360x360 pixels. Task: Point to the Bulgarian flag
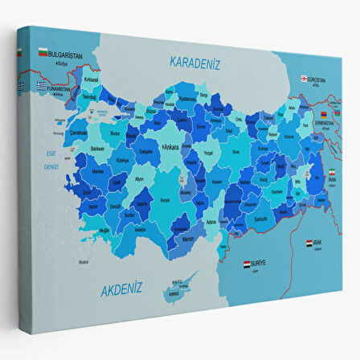click(x=42, y=53)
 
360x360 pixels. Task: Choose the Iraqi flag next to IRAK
click(x=310, y=242)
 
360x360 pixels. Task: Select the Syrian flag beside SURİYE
click(x=247, y=263)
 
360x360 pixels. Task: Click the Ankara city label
click(x=170, y=147)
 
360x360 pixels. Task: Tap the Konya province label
click(x=166, y=199)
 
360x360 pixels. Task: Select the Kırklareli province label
click(x=91, y=80)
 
